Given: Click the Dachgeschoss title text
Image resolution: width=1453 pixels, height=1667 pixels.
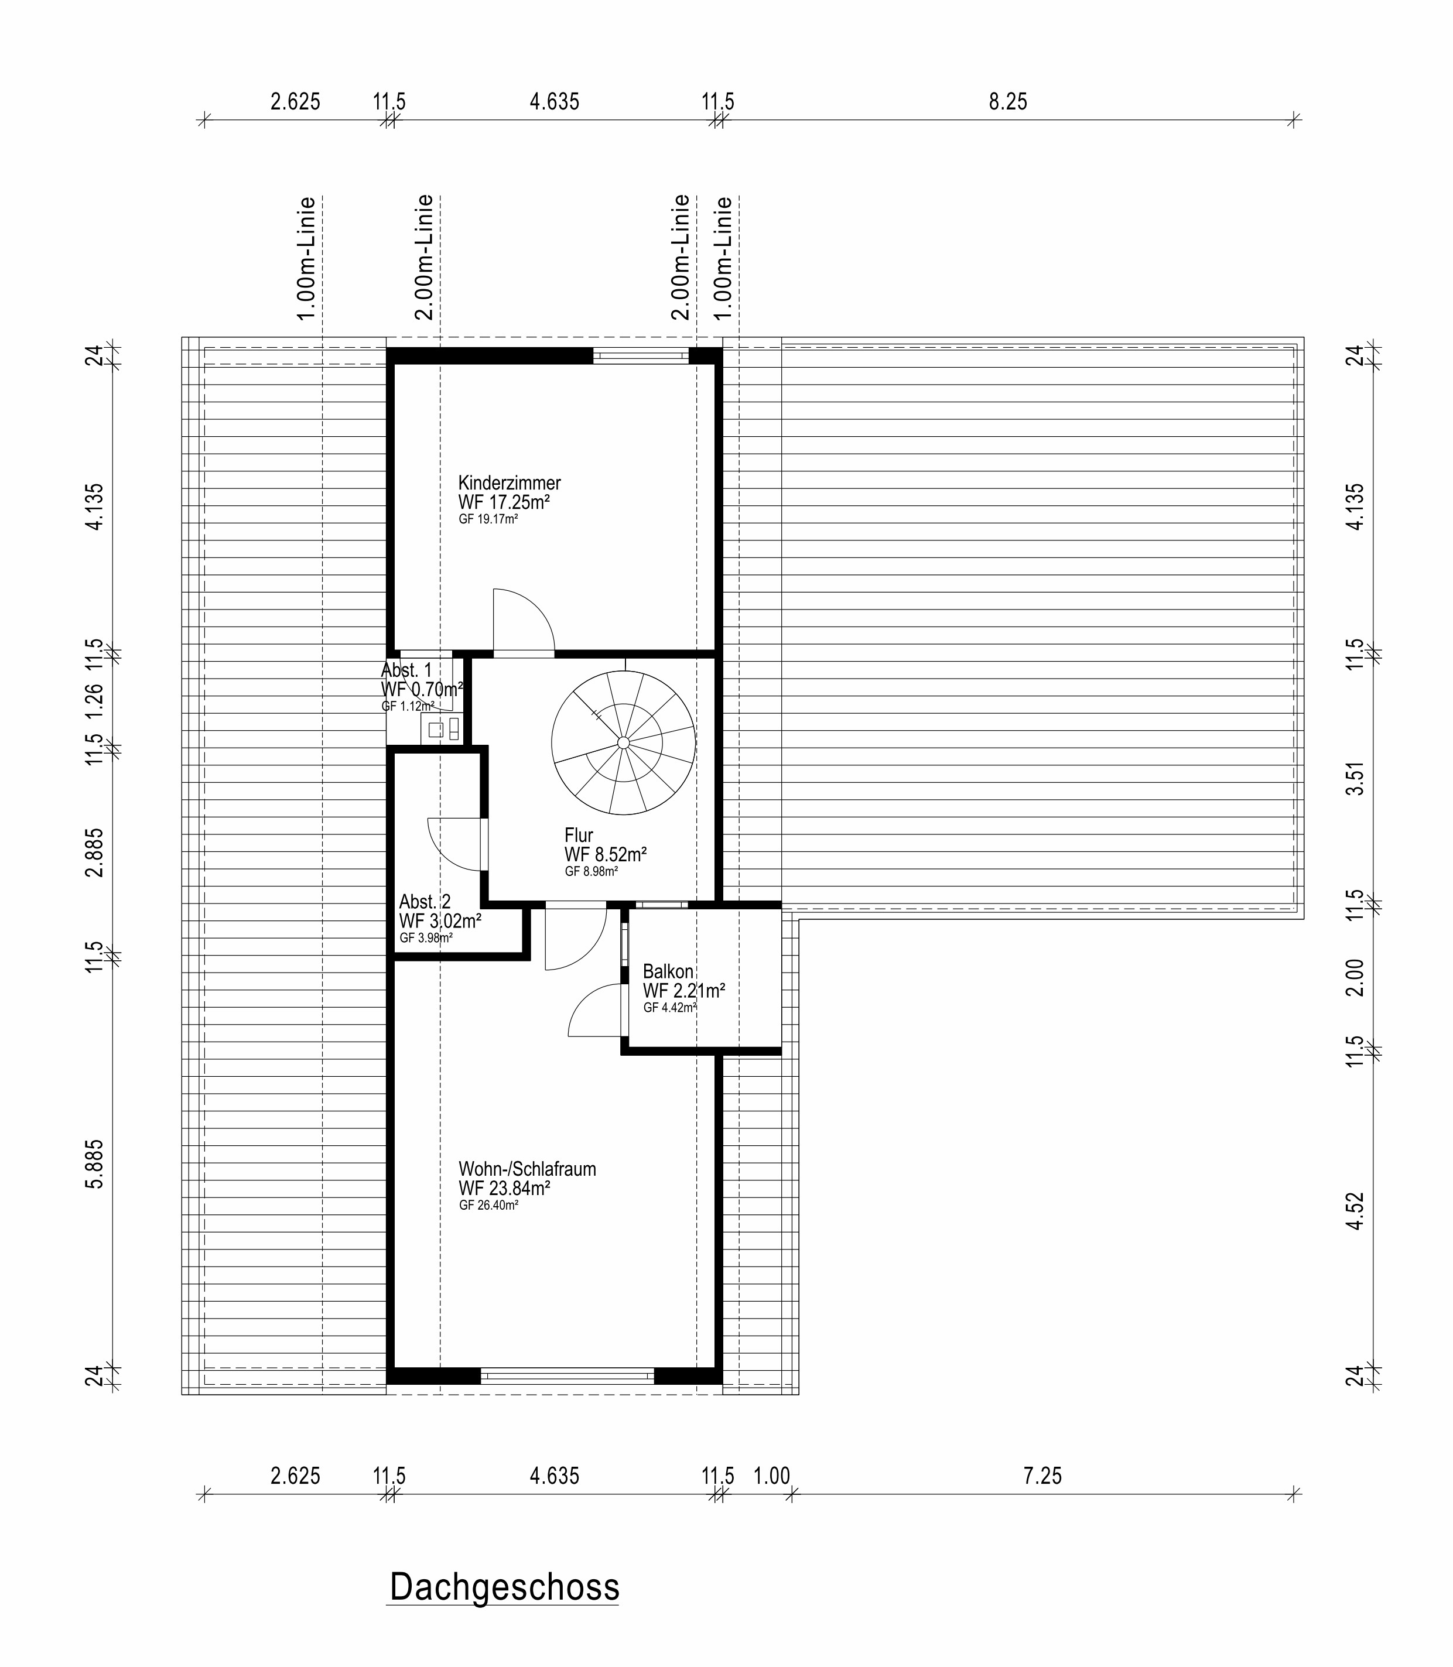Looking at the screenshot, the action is [x=504, y=1587].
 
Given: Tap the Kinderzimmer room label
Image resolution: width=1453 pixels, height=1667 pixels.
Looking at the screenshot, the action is [x=509, y=482].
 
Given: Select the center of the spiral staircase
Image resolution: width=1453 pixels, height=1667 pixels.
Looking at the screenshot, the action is [x=623, y=742].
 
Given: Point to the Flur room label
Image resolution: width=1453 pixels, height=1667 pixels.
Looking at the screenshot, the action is [x=579, y=835].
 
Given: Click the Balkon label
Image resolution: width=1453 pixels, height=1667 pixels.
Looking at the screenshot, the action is [x=668, y=971].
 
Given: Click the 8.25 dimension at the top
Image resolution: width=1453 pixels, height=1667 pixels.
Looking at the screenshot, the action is [x=1008, y=101].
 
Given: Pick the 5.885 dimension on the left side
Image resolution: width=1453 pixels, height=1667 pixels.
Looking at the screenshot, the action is [x=95, y=1164].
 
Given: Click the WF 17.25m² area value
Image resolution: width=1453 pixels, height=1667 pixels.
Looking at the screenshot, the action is [x=504, y=502].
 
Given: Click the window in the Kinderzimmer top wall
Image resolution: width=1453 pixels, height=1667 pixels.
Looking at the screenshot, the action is [x=641, y=355].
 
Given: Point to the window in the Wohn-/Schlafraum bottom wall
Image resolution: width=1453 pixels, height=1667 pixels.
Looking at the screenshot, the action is [x=567, y=1376].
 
